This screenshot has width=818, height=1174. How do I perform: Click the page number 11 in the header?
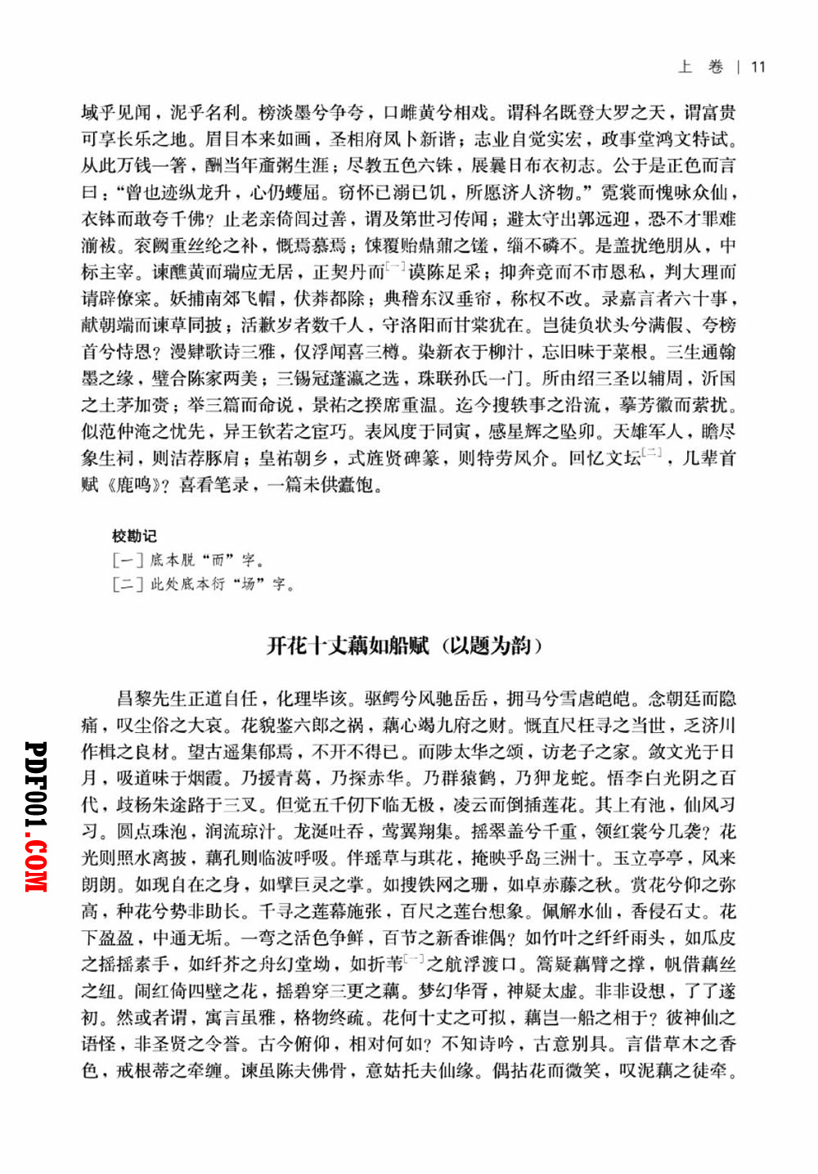pos(758,67)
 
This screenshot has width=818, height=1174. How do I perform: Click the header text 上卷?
pos(701,67)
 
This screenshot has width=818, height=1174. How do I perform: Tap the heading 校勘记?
pos(134,536)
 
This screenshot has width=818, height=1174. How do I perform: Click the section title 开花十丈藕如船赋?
pos(348,645)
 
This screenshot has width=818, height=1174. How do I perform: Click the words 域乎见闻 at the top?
pos(116,112)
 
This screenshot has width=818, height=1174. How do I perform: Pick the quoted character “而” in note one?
pos(218,560)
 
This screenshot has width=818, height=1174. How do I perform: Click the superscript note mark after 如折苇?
pos(413,958)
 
